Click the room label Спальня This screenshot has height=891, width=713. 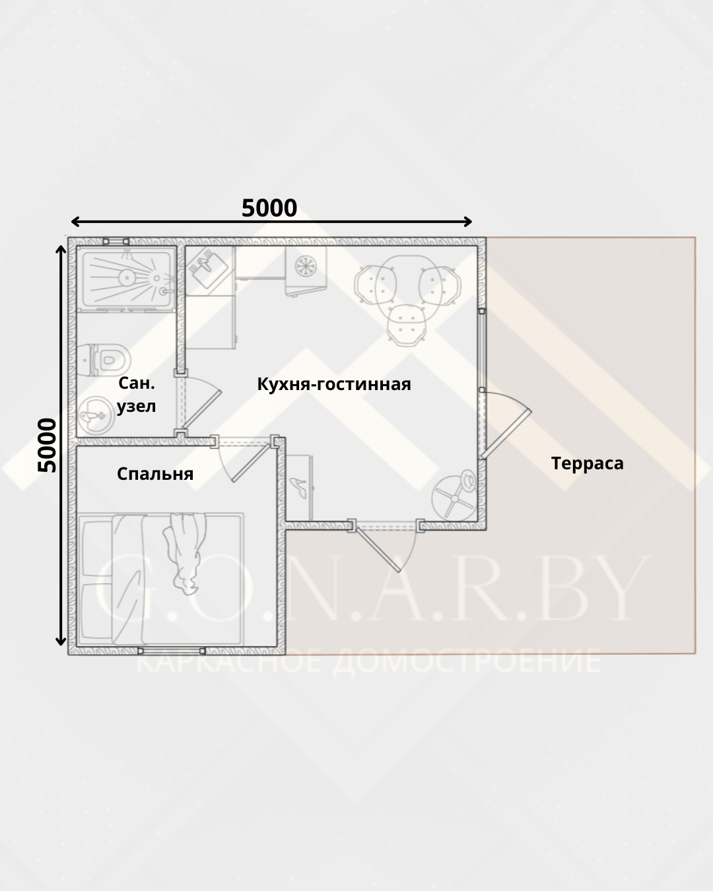point(155,474)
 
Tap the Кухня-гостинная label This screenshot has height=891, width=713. point(334,384)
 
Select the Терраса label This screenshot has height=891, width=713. point(587,463)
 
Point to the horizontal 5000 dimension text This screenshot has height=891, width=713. point(269,208)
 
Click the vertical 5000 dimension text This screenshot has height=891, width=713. point(47,445)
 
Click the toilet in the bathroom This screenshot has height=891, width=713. point(104,360)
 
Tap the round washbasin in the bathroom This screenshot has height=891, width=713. point(96,415)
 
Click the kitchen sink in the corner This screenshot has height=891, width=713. point(207,271)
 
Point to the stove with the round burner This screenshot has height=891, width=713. point(306,271)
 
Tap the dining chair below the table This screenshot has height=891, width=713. point(407,325)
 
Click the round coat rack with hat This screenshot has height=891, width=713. point(455,496)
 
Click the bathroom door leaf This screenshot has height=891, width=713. point(202,409)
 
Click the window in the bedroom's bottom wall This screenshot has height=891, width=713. point(172,651)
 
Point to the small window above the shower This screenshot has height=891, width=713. point(116,241)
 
